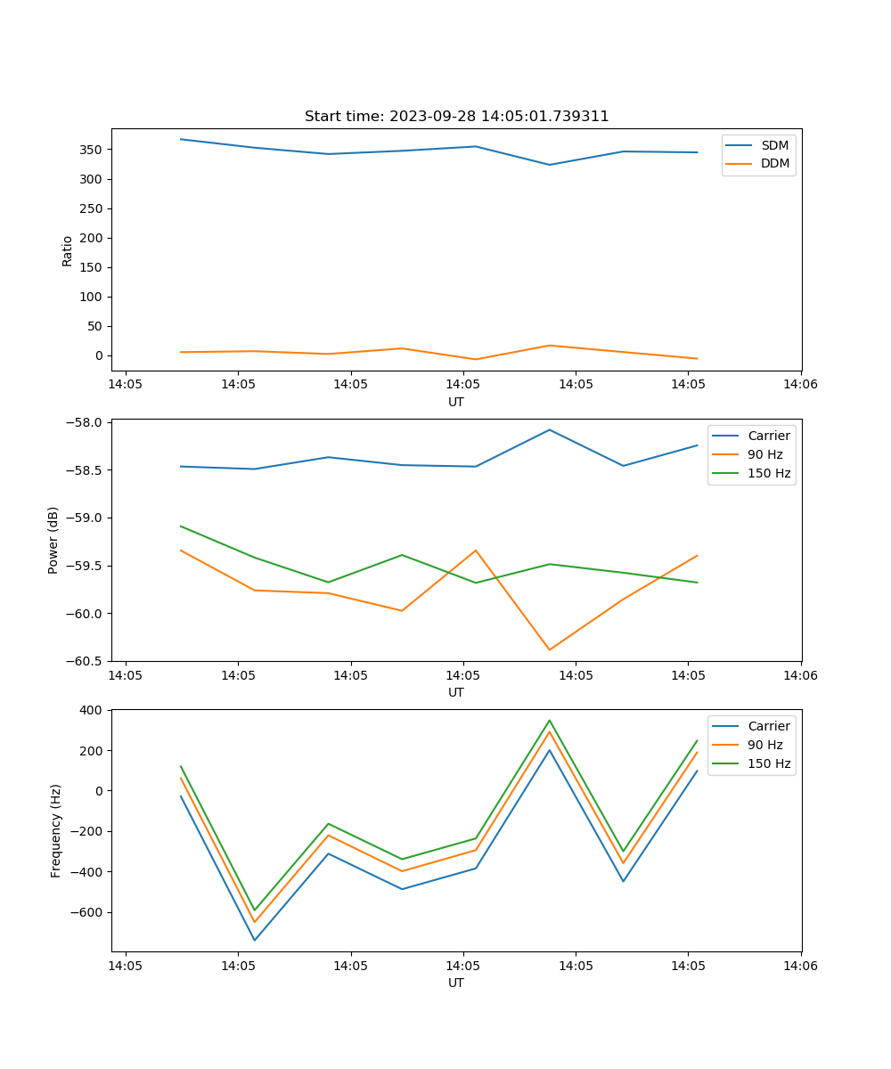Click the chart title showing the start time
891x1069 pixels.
click(x=456, y=117)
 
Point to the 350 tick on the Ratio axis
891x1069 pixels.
click(x=93, y=150)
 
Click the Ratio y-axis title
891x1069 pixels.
click(x=68, y=250)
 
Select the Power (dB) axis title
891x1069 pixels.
click(x=53, y=540)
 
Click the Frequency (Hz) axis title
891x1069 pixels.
click(x=56, y=830)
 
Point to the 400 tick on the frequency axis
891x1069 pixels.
click(x=94, y=710)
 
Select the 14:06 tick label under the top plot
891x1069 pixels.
click(x=800, y=385)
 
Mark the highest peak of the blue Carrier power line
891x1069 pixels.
click(x=549, y=429)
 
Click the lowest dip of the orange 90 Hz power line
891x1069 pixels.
click(x=549, y=649)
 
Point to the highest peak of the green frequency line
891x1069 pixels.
click(x=549, y=720)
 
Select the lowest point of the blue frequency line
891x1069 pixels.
click(x=255, y=940)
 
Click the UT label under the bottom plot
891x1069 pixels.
click(x=456, y=983)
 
